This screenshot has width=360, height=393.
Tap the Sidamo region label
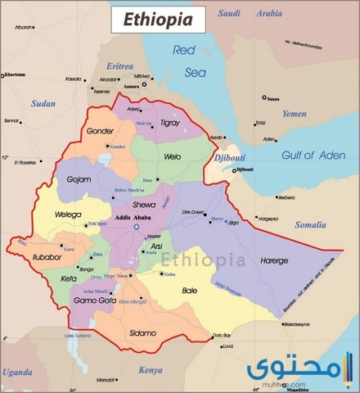[143, 333]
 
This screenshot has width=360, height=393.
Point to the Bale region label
[189, 291]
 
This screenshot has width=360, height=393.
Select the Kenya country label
[150, 370]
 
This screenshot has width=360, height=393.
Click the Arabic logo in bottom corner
[318, 370]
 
